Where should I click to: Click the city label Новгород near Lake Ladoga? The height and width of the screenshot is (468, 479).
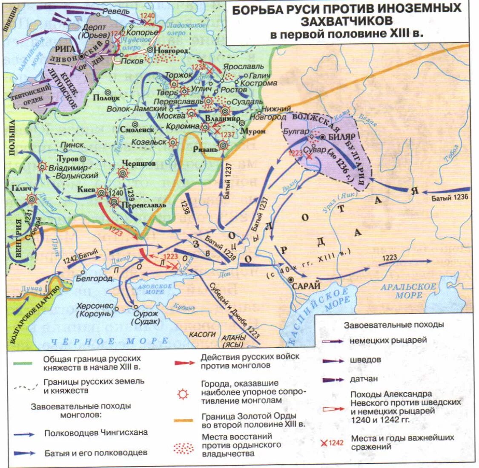173,50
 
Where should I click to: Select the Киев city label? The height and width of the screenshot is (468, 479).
86,189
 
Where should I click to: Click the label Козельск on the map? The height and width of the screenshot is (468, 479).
149,142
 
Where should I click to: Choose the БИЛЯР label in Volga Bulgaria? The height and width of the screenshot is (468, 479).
341,137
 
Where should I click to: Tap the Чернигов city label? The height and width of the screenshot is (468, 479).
139,163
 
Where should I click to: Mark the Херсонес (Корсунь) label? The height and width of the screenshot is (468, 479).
95,309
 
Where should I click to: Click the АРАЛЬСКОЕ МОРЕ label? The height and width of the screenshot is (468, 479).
408,291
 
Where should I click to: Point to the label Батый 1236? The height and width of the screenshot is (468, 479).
450,197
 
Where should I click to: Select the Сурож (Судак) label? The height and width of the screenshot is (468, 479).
146,318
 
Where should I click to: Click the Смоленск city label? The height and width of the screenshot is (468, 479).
137,130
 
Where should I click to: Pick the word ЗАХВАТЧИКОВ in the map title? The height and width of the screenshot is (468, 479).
347,21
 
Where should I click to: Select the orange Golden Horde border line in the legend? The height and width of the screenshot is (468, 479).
184,420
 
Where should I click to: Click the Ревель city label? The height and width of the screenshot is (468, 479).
116,11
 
